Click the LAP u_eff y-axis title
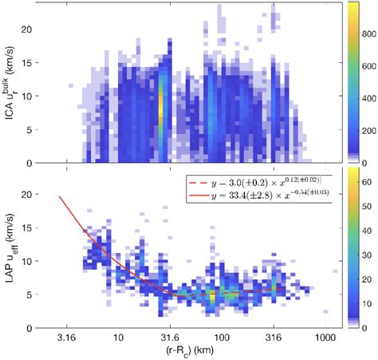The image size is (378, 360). coord(10,248)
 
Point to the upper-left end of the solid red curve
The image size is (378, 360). coord(60,196)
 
